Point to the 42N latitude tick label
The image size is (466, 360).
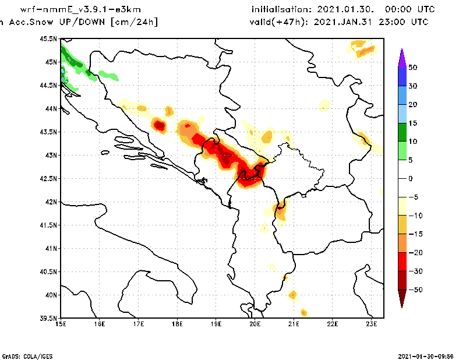[x=51, y=202]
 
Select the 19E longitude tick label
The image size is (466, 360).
[x=216, y=323]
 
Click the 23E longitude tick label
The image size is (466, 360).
[x=372, y=323]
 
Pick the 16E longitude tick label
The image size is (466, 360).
[x=100, y=323]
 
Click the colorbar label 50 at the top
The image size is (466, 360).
[x=412, y=68]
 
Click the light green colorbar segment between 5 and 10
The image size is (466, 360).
[x=402, y=151]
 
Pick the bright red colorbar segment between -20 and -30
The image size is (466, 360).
[x=402, y=262]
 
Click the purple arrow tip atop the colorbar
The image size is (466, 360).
[x=402, y=56]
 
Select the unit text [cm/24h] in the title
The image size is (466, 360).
[x=134, y=22]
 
